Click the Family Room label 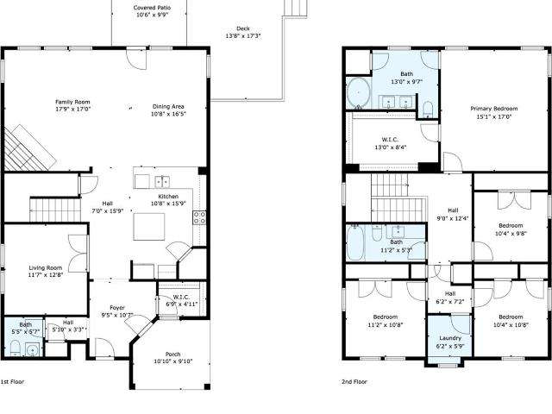(72, 102)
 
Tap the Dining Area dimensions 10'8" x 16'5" (168, 114)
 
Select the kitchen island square (149, 227)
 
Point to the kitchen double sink (162, 182)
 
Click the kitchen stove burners (199, 217)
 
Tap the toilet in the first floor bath (16, 348)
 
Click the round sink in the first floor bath (33, 351)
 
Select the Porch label (172, 354)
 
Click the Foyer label (117, 308)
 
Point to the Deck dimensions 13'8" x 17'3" (243, 36)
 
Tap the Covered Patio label (152, 8)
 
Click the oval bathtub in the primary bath (359, 93)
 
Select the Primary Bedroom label (494, 109)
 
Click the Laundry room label (450, 338)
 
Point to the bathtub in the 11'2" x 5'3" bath (354, 243)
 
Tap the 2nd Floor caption (354, 381)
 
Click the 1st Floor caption (12, 381)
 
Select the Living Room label (46, 268)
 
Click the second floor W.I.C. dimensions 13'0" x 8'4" (390, 147)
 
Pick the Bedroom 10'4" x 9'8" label (511, 226)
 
